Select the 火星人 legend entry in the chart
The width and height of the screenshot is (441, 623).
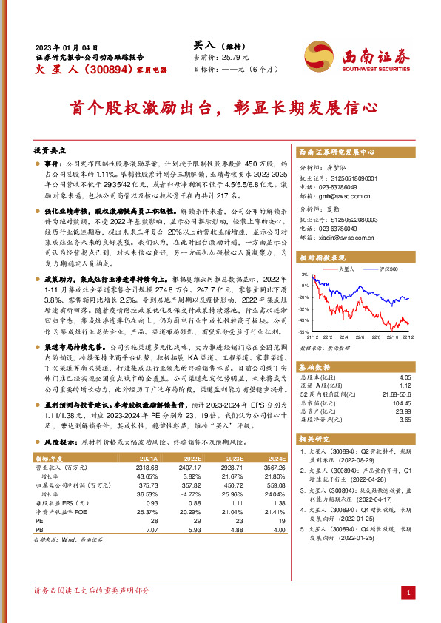coord(348,269)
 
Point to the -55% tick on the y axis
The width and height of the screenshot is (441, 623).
coord(304,332)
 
